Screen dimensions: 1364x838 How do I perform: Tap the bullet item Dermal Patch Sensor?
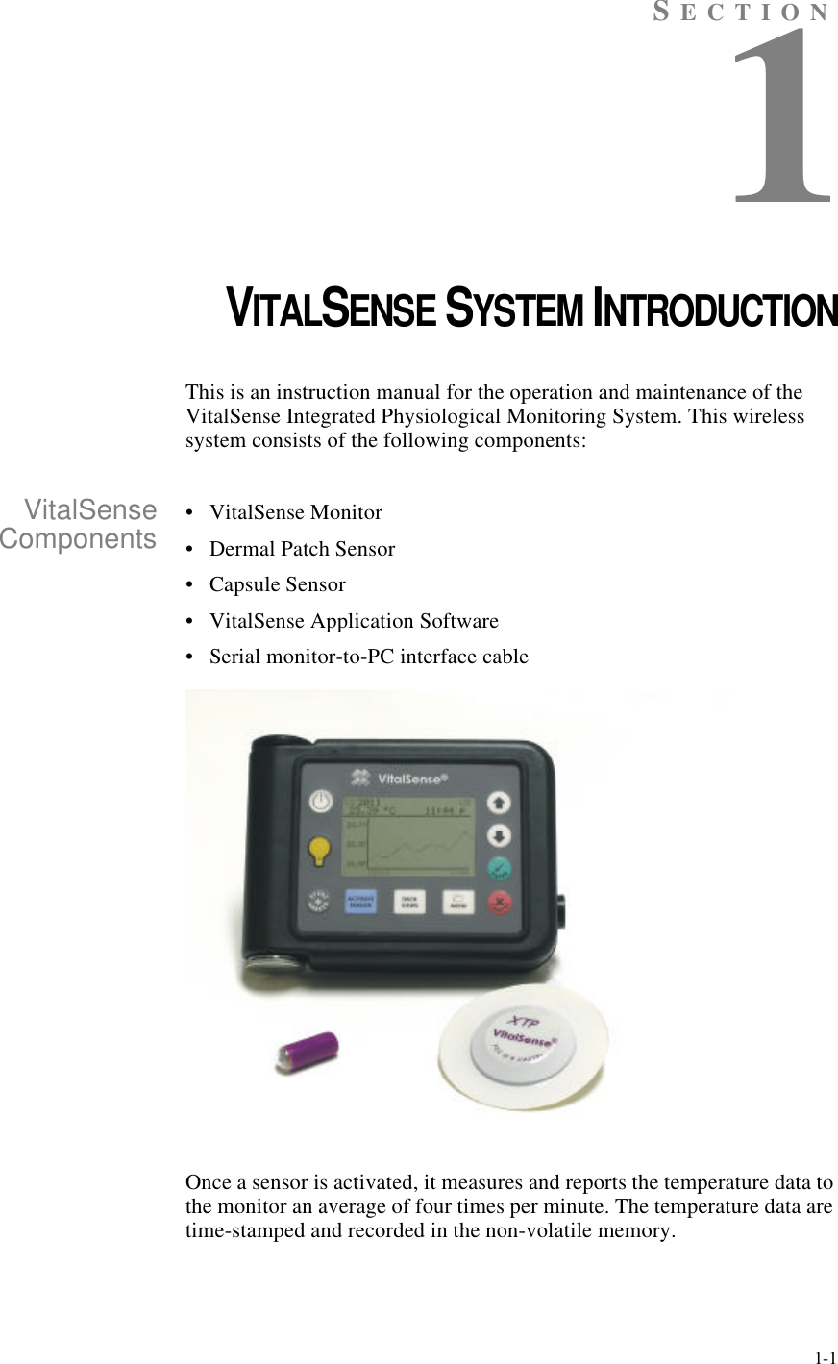pyautogui.click(x=302, y=549)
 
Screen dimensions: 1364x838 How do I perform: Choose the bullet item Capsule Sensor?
pyautogui.click(x=277, y=584)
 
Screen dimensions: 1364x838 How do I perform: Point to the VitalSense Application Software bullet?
pyautogui.click(x=354, y=621)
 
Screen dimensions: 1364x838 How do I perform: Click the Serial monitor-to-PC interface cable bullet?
pyautogui.click(x=368, y=657)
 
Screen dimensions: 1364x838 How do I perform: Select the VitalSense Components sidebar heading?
pyautogui.click(x=79, y=524)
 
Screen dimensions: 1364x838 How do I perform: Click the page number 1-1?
pyautogui.click(x=824, y=1358)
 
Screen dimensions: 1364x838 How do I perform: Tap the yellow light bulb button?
pyautogui.click(x=320, y=849)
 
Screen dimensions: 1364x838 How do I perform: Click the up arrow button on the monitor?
pyautogui.click(x=501, y=802)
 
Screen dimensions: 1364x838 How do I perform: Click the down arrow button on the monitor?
pyautogui.click(x=501, y=833)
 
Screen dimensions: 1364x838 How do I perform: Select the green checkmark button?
pyautogui.click(x=500, y=869)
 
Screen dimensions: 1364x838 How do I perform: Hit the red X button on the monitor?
pyautogui.click(x=500, y=904)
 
